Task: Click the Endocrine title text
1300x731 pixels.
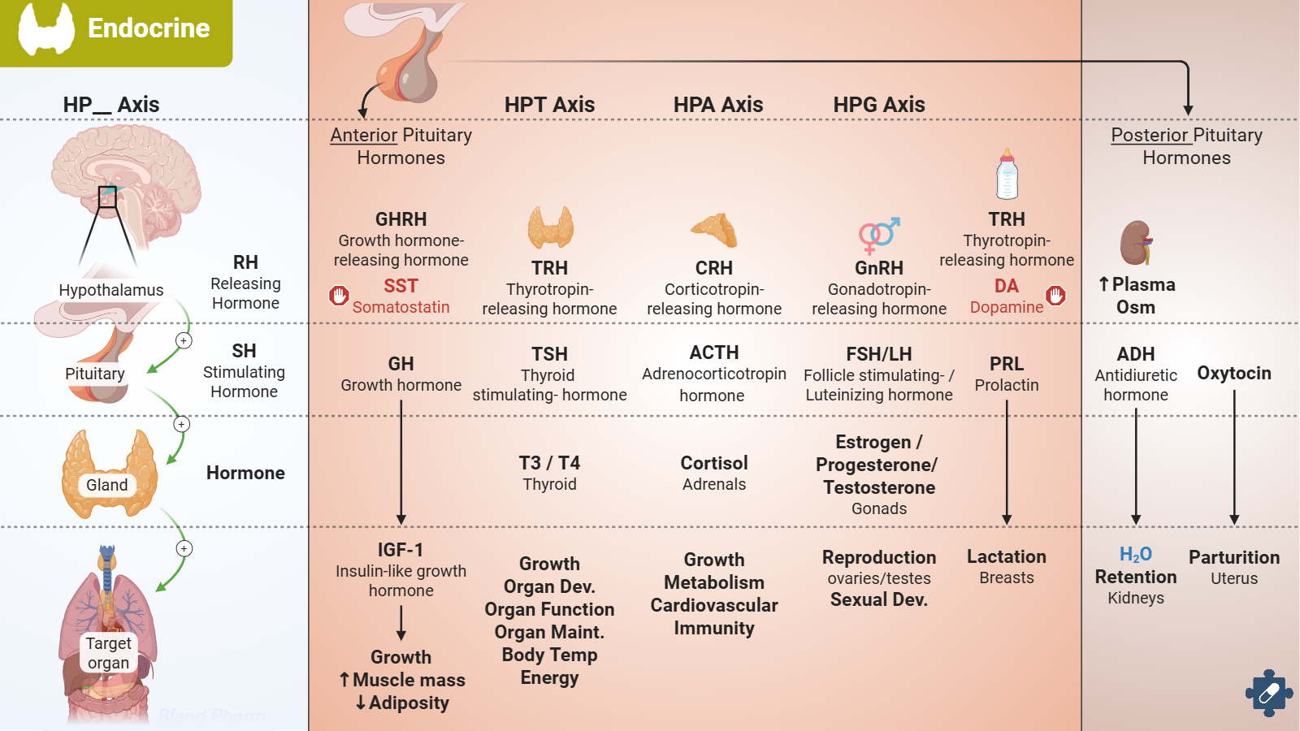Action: pyautogui.click(x=148, y=28)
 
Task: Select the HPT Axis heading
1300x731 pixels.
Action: pyautogui.click(x=549, y=105)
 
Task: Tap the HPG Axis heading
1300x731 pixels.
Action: pyautogui.click(x=879, y=105)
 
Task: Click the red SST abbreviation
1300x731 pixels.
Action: pyautogui.click(x=401, y=286)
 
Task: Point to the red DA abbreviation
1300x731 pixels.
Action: pyautogui.click(x=1006, y=286)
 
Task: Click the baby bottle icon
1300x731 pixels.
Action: pyautogui.click(x=1007, y=174)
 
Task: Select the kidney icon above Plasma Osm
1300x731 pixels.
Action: pyautogui.click(x=1136, y=243)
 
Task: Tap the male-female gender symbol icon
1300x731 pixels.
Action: pyautogui.click(x=879, y=235)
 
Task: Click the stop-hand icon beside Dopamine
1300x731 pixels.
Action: pyautogui.click(x=1055, y=296)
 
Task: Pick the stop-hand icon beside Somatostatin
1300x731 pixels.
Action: pyautogui.click(x=339, y=296)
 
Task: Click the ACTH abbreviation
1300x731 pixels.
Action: pyautogui.click(x=714, y=353)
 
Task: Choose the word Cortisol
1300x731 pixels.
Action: pyautogui.click(x=714, y=463)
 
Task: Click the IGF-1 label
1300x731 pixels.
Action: pyautogui.click(x=401, y=550)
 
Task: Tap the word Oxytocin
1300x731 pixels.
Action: pyautogui.click(x=1233, y=374)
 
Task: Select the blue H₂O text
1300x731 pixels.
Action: pyautogui.click(x=1135, y=554)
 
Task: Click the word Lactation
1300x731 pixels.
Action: pyautogui.click(x=1006, y=557)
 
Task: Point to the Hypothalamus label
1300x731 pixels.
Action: pyautogui.click(x=110, y=290)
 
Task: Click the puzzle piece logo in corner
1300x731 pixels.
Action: pyautogui.click(x=1268, y=693)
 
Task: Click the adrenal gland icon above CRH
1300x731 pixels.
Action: pyautogui.click(x=714, y=230)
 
